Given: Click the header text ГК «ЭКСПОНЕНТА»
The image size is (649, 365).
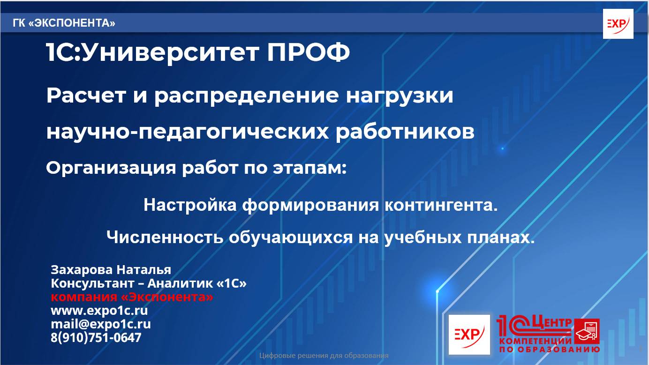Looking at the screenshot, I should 64,23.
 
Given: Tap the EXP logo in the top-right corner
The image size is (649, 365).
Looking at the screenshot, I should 618,24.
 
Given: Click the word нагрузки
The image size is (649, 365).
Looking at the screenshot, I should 400,96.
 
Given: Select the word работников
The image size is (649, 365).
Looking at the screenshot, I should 405,132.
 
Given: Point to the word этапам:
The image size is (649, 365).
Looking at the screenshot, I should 310,168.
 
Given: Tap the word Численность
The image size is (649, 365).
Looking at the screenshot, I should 165,237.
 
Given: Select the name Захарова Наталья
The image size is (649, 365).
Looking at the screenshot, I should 111,270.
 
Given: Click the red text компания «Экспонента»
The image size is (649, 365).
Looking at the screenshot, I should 132,297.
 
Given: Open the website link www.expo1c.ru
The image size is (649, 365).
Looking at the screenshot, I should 99,311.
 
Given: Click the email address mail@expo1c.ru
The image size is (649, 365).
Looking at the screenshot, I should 100,324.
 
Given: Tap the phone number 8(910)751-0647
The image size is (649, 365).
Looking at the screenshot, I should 96,337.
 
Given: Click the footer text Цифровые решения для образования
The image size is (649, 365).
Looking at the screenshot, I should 324,356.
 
